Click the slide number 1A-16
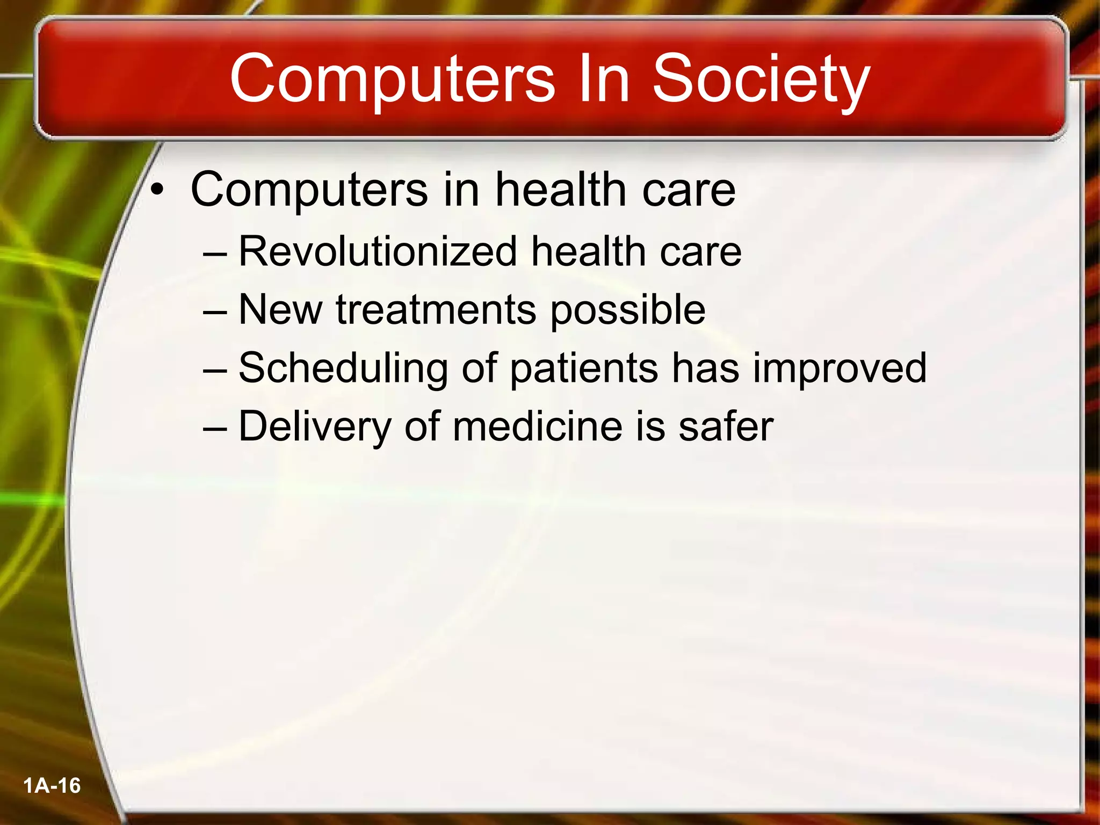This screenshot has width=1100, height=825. [52, 786]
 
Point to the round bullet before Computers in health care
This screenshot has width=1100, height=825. [156, 190]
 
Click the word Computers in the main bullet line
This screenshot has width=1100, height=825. [309, 190]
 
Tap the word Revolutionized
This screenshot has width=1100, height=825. [378, 251]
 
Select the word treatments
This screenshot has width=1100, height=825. [436, 310]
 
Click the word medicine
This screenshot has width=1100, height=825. [538, 426]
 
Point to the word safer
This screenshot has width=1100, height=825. [726, 426]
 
